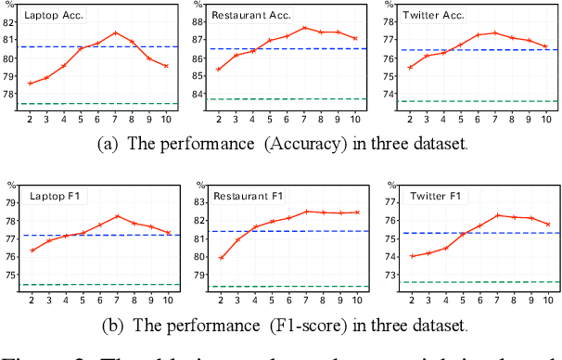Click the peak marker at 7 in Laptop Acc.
pyautogui.click(x=114, y=32)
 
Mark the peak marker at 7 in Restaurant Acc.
pyautogui.click(x=304, y=28)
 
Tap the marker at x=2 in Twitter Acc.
pyautogui.click(x=410, y=67)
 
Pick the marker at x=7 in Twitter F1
pyautogui.click(x=497, y=215)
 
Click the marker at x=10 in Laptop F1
pyautogui.click(x=168, y=233)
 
